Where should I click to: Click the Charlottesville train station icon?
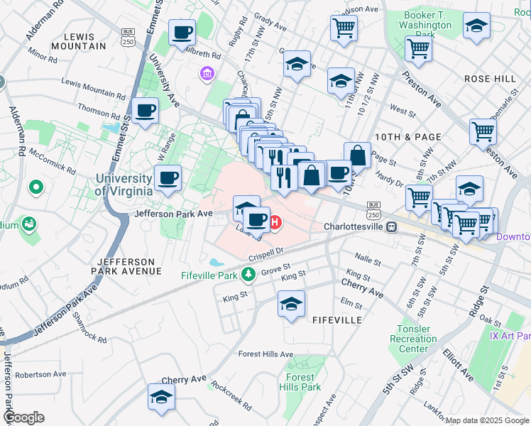390,226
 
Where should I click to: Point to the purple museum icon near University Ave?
207,73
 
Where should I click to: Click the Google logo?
23,417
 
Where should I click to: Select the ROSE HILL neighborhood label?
488,79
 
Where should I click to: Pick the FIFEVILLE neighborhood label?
337,320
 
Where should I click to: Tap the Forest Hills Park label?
303,382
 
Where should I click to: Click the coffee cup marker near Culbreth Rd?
182,32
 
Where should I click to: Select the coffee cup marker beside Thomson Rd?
145,110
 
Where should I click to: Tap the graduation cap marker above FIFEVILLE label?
291,303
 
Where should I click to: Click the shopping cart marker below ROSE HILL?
483,131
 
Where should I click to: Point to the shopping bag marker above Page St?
358,155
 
